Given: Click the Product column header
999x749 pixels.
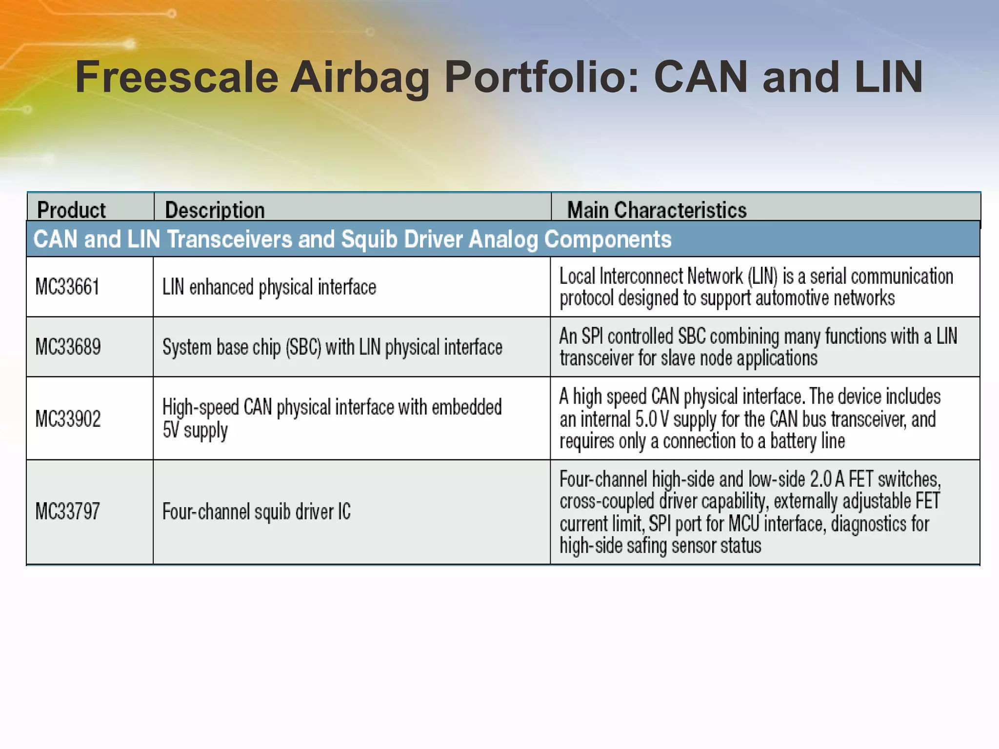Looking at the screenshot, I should pyautogui.click(x=71, y=210).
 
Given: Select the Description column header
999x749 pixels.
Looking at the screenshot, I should pyautogui.click(x=215, y=210).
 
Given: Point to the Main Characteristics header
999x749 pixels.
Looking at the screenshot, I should pyautogui.click(x=657, y=210).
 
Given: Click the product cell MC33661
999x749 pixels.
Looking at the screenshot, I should pyautogui.click(x=67, y=287).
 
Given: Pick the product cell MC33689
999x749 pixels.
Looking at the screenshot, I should pyautogui.click(x=68, y=347).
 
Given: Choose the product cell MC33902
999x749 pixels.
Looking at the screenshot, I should pyautogui.click(x=68, y=419).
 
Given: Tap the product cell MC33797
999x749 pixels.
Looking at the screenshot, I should pyautogui.click(x=67, y=512).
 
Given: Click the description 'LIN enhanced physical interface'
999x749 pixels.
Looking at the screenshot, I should pyautogui.click(x=269, y=287).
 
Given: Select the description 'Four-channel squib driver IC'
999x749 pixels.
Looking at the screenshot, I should pyautogui.click(x=257, y=512).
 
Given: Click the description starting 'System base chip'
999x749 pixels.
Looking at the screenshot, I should pyautogui.click(x=332, y=347).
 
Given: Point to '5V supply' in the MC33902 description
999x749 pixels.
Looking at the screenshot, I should pyautogui.click(x=195, y=431).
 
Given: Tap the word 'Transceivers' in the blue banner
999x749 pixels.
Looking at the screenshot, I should pyautogui.click(x=229, y=239).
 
